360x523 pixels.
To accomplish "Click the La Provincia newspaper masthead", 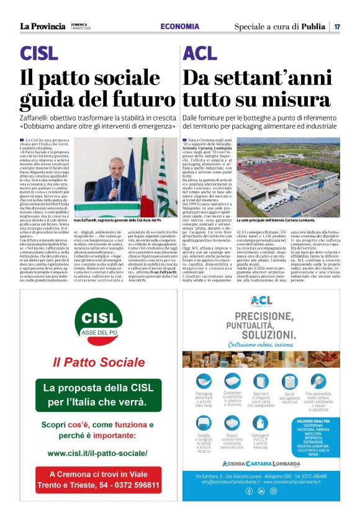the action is click(42, 26).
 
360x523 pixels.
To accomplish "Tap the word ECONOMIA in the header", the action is click(180, 26).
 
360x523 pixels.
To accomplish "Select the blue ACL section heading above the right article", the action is click(200, 53).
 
